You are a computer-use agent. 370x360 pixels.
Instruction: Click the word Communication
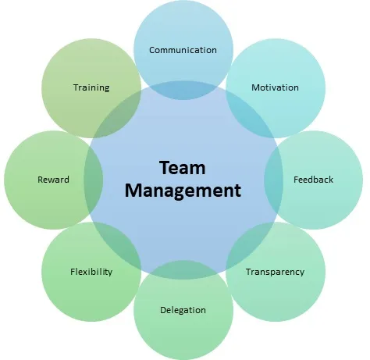[x=183, y=50]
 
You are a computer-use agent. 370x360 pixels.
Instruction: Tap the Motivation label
[x=275, y=87]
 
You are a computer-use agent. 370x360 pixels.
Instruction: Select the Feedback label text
[x=313, y=180]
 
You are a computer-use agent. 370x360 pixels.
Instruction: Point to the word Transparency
[x=275, y=272]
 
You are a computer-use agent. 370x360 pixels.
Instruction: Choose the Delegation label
[x=183, y=310]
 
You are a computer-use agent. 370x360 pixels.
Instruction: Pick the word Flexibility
[x=91, y=272]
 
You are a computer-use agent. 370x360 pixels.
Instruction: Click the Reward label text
[x=53, y=180]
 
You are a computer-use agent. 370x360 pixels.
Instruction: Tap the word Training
[x=91, y=87]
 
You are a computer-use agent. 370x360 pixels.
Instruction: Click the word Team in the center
[x=183, y=168]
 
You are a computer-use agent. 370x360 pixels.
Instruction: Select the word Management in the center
[x=183, y=191]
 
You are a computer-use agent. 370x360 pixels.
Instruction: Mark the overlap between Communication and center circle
[x=183, y=90]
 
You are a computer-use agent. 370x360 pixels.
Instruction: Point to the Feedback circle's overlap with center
[x=273, y=180]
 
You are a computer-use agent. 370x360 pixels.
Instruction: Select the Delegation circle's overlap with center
[x=183, y=269]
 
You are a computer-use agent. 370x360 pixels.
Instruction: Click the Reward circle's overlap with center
[x=94, y=180]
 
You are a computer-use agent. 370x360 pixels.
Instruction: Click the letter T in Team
[x=165, y=168]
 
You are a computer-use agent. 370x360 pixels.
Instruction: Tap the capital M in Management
[x=133, y=191]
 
